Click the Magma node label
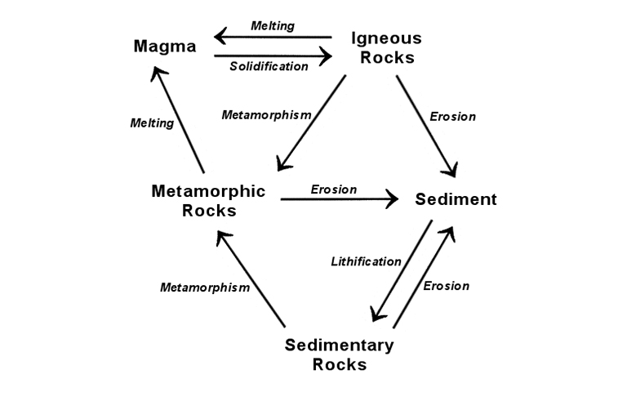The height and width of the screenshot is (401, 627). tap(165, 47)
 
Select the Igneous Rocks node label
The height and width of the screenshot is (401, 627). tap(386, 47)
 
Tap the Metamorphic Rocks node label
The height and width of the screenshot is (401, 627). tap(208, 200)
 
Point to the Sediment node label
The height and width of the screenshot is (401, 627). tap(456, 199)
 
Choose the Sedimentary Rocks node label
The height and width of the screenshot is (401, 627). tap(339, 354)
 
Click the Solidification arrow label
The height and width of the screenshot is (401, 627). tap(268, 66)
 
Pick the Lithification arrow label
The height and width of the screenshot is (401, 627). tap(366, 261)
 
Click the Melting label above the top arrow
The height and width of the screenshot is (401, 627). tap(273, 26)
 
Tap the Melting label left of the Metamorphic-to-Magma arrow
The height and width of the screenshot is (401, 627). tap(152, 123)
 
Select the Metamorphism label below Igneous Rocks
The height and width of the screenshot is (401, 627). tap(266, 114)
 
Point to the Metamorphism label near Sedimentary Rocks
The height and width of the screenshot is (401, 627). tap(204, 287)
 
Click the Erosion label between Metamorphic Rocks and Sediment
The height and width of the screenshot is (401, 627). tap(333, 189)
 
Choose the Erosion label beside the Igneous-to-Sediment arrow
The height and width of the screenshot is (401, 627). tap(452, 116)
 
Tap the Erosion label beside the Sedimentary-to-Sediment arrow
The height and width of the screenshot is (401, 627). tap(446, 286)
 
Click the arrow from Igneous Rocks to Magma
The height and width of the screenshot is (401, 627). tap(273, 37)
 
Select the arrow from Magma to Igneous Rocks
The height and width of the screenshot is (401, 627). tap(273, 56)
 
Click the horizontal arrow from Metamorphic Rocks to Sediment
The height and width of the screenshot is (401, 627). tap(339, 198)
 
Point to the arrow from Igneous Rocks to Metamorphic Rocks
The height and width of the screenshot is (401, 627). tap(311, 123)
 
